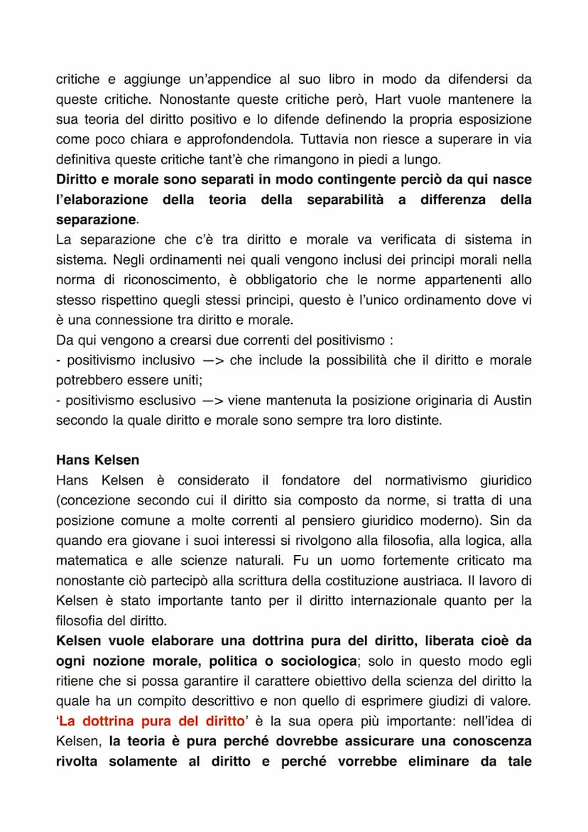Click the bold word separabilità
point(345,200)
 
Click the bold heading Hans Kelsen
point(98,460)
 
